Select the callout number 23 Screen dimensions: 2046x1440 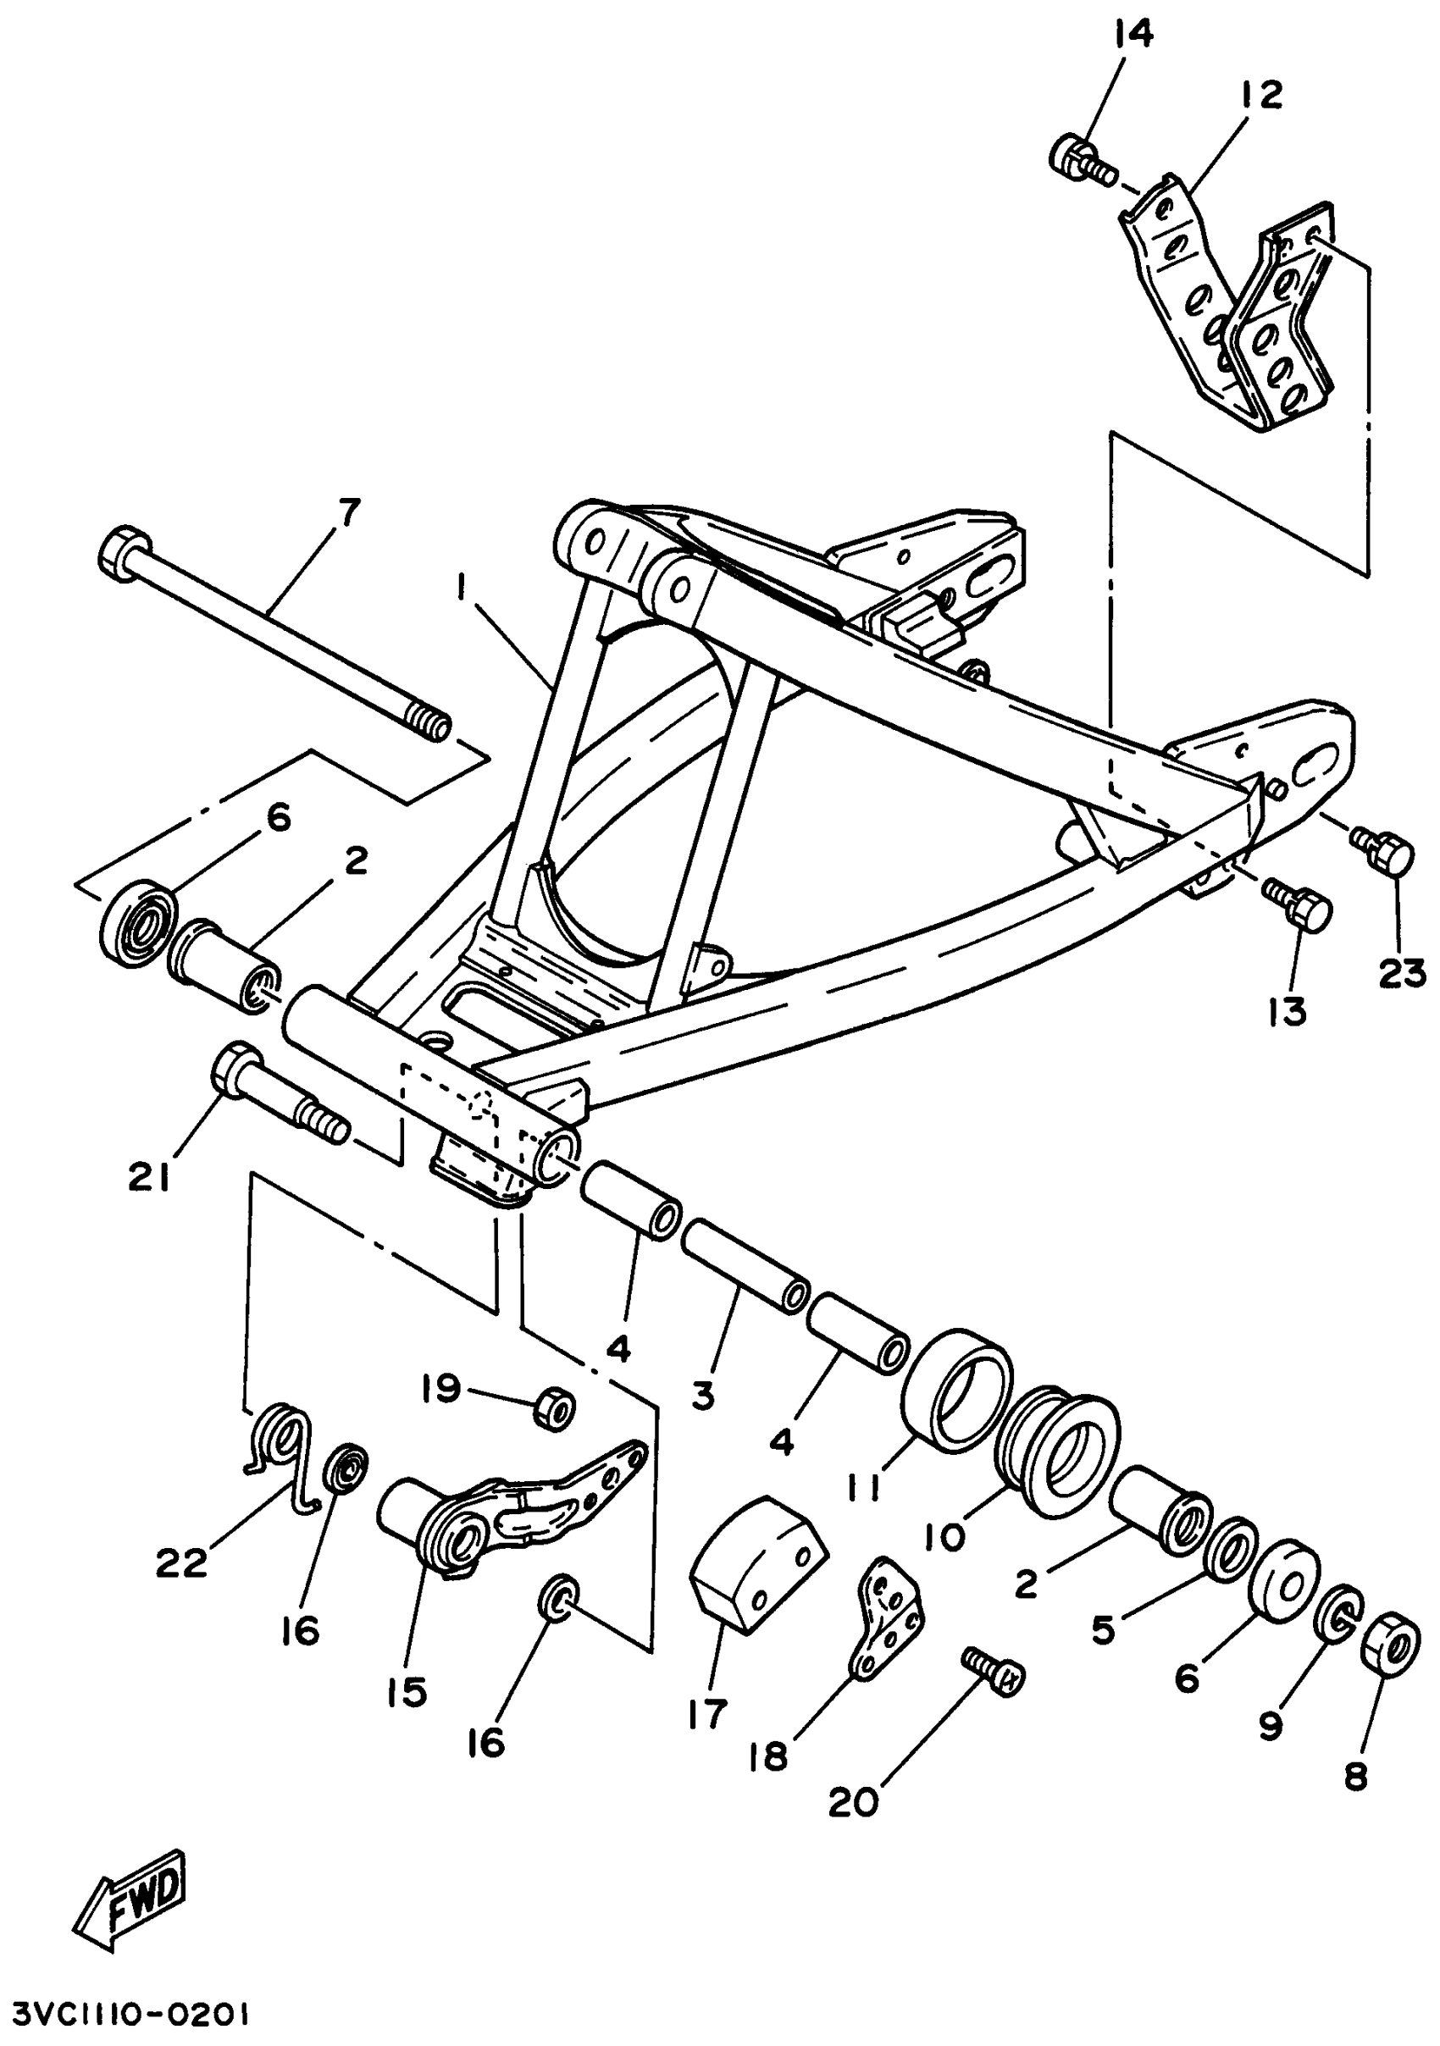click(x=1403, y=975)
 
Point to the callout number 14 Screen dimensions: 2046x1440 click(x=1133, y=35)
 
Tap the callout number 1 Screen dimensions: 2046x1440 click(x=461, y=587)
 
